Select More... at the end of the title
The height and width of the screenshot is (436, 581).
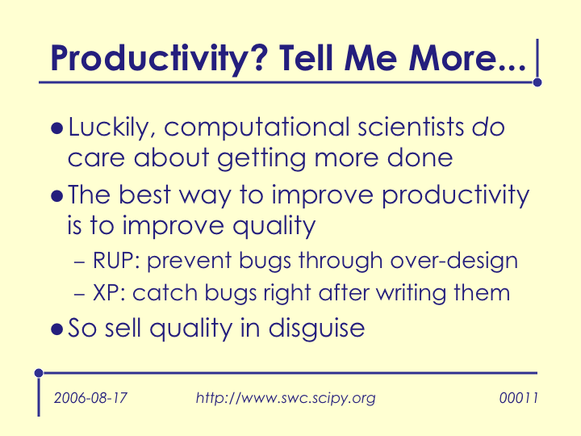point(467,58)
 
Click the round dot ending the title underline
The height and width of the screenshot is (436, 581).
point(537,82)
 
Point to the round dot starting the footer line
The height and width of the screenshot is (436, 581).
point(39,373)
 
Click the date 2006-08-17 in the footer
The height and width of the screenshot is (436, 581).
point(90,398)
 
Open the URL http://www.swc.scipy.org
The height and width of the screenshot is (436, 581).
point(286,399)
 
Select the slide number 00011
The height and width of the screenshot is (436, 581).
point(518,398)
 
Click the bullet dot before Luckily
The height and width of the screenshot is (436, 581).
point(56,128)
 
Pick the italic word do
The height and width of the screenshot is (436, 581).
point(488,128)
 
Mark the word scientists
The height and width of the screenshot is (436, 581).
point(411,128)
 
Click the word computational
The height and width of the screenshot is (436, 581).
point(257,128)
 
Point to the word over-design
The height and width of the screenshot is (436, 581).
point(454,261)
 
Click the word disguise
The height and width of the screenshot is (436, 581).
point(317,329)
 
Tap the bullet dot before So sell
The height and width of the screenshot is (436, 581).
point(56,329)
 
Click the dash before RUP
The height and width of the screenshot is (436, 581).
point(79,262)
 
